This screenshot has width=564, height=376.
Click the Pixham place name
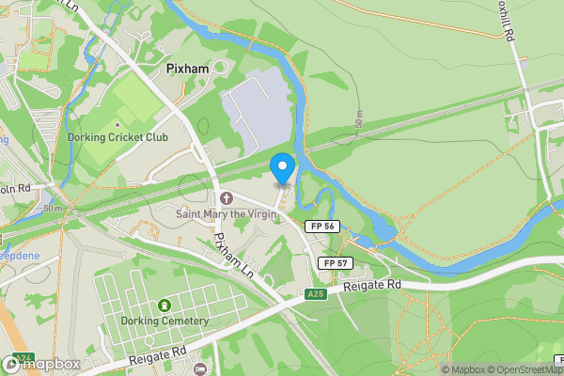(186, 70)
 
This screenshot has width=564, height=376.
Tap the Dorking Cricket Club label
(118, 137)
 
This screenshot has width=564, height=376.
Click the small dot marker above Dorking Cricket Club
(117, 124)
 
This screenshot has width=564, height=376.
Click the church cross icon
(226, 198)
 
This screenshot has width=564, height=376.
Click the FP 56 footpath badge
(322, 227)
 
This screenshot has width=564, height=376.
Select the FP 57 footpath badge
(334, 262)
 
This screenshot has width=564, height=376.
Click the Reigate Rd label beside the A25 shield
(372, 285)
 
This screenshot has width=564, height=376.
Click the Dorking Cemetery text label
(164, 321)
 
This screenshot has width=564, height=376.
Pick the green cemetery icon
(165, 305)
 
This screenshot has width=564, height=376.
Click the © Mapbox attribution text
(463, 369)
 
